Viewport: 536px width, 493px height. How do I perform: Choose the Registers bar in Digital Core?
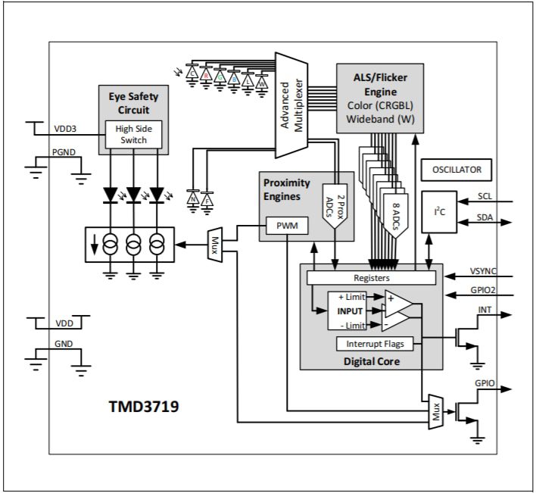click(x=371, y=278)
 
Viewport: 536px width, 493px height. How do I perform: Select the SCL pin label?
click(x=485, y=195)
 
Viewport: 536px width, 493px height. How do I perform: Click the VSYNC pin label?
click(x=482, y=269)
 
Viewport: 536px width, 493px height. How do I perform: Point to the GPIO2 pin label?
click(x=482, y=288)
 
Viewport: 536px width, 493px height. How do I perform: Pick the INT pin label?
click(x=485, y=310)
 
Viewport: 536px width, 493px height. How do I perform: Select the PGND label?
click(x=64, y=151)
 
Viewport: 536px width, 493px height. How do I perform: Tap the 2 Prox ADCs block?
click(x=335, y=204)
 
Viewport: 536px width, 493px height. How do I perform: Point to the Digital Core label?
click(x=371, y=361)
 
